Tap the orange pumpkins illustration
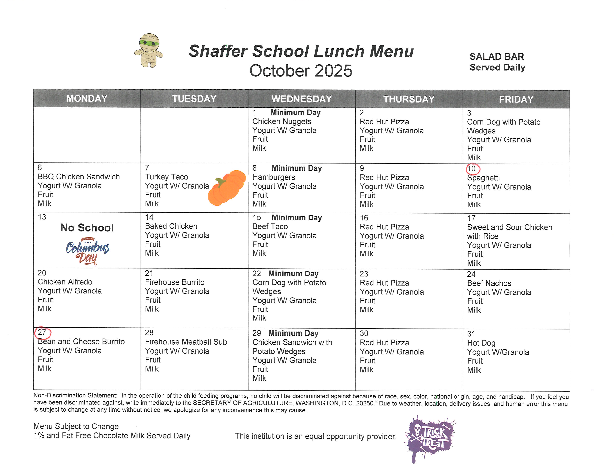226,188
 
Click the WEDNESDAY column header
301,99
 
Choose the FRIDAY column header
516,99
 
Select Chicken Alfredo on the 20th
65,282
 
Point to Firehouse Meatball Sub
186,342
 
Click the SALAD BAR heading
497,57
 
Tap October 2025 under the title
301,71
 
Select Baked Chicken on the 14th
171,226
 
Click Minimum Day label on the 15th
297,218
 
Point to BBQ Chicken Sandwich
79,177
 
